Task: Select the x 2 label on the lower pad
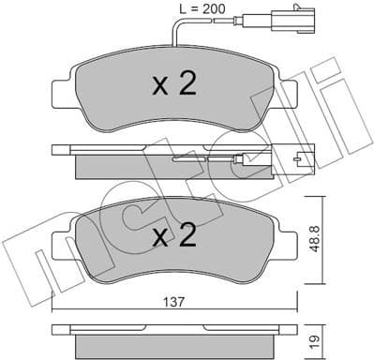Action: tap(173, 233)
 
